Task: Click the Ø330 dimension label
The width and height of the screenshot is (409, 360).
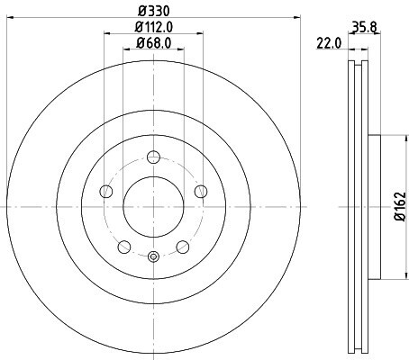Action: (154, 11)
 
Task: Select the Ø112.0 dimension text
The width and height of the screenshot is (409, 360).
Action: (154, 27)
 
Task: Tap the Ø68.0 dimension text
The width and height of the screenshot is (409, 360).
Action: (154, 43)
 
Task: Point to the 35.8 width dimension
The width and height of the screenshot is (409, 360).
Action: (364, 28)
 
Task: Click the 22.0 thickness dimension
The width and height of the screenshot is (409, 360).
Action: (329, 44)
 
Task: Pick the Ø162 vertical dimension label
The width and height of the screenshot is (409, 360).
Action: (400, 207)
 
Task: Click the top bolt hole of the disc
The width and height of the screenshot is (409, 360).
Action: (153, 157)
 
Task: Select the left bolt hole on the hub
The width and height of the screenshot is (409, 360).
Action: (106, 192)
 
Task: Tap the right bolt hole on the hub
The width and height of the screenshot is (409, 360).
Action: (201, 192)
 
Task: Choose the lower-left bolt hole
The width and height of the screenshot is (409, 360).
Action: (124, 247)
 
